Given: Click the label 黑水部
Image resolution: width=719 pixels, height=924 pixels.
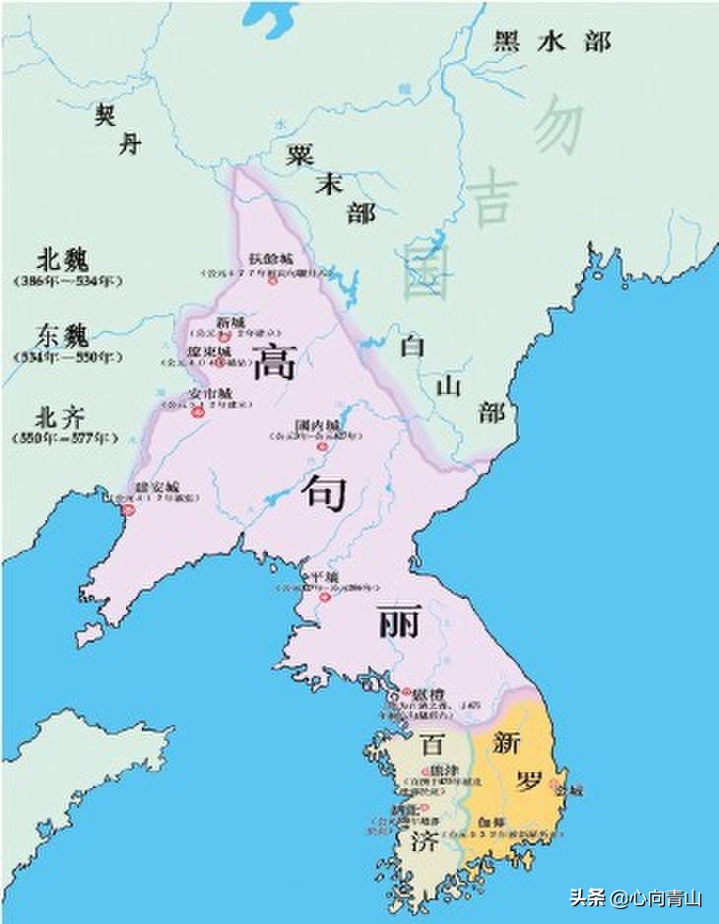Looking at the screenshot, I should coord(552,41).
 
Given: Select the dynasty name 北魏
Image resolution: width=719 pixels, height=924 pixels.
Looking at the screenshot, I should coord(62,259).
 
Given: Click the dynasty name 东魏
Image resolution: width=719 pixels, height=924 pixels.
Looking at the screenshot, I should coord(62,336).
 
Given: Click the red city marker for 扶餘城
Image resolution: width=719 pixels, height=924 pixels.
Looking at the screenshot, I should coord(273,281).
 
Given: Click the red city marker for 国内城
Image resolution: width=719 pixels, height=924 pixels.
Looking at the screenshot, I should coord(320,446).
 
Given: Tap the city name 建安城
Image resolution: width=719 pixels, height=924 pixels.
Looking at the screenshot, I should coord(158,486).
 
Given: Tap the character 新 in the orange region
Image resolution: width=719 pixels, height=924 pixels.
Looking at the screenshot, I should coord(508,742).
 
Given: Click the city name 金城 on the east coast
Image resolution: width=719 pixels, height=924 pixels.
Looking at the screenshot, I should coord(570,791).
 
